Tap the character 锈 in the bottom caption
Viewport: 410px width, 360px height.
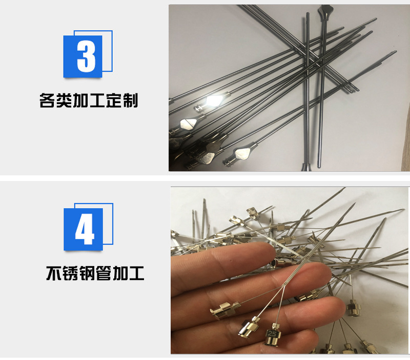(x=70, y=273)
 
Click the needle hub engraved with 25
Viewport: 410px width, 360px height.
(x=272, y=336)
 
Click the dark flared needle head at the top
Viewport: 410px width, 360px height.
(x=325, y=11)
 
